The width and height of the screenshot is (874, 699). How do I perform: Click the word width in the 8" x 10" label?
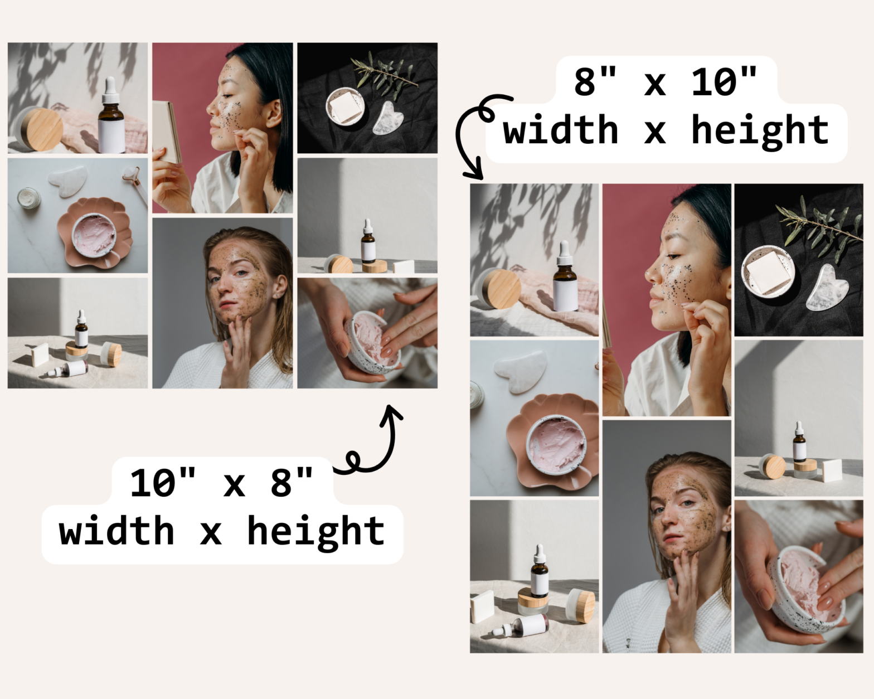coord(561,129)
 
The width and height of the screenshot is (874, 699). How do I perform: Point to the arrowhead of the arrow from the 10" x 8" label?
coord(391,414)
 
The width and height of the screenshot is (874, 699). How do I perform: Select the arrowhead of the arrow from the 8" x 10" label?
coord(474,173)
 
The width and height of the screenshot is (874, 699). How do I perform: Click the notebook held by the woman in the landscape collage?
coord(167,132)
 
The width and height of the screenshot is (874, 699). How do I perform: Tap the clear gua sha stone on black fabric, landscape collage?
coord(389,118)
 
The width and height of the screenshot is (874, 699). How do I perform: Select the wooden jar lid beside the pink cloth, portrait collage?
coord(503,289)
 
